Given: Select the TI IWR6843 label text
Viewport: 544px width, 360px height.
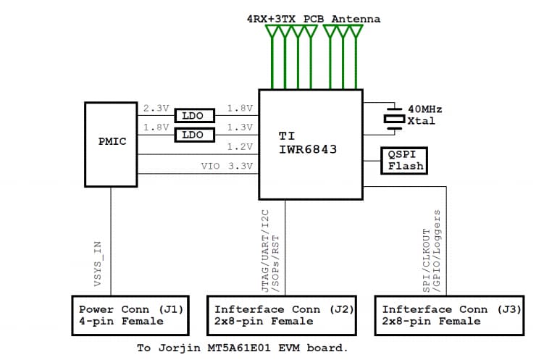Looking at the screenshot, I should [308, 142].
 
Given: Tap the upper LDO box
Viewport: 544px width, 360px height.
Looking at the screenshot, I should [193, 115].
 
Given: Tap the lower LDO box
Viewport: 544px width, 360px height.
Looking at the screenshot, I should [193, 135].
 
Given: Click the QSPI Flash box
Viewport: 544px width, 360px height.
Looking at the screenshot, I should [406, 160].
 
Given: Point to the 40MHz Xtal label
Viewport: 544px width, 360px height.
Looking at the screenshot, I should [424, 114].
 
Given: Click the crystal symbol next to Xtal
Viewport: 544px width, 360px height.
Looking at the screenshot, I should [393, 116].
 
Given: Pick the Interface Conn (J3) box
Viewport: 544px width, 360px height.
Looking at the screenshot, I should [449, 315].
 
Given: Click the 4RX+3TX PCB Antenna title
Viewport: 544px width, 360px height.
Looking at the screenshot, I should [313, 19].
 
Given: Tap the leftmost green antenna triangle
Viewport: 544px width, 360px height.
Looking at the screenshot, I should [272, 32].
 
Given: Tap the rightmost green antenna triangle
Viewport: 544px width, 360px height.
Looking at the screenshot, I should [356, 32].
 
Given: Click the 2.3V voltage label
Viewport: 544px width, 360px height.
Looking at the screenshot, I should [156, 109].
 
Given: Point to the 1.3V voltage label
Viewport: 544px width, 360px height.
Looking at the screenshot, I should [240, 127].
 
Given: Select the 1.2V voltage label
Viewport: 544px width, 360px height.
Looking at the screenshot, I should [240, 146].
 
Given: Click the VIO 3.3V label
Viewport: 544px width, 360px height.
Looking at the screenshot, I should [227, 166].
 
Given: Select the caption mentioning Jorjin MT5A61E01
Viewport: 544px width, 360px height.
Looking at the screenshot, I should [243, 348].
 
